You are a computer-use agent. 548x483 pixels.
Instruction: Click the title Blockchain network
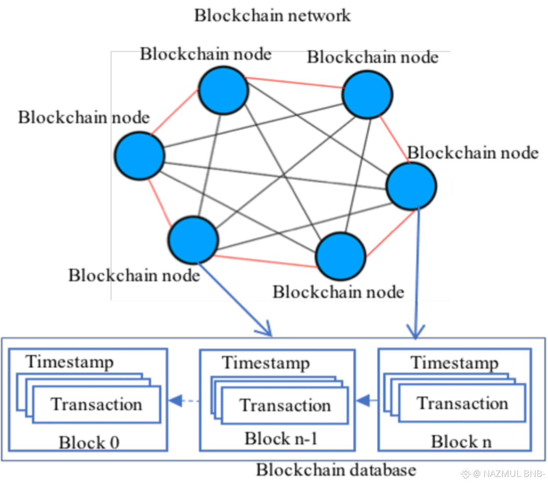click(x=272, y=16)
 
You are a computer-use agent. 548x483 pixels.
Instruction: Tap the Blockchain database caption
click(x=336, y=470)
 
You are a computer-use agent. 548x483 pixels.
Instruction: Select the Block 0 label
click(x=89, y=443)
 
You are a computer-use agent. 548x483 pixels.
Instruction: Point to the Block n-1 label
click(x=281, y=438)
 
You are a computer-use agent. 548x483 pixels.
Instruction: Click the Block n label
click(x=461, y=442)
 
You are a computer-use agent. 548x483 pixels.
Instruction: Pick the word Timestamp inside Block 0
click(x=70, y=362)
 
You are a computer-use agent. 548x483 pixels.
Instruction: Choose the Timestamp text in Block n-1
click(x=266, y=363)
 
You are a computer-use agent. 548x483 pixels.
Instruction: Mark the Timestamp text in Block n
click(x=455, y=363)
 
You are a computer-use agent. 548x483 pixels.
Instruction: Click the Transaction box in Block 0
click(x=97, y=404)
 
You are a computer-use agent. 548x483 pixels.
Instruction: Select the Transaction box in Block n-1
click(x=285, y=405)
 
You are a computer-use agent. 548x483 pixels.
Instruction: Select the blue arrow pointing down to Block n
click(x=417, y=274)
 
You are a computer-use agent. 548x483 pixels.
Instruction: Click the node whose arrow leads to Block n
click(x=411, y=187)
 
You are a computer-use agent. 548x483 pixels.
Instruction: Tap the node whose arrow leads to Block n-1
click(x=193, y=240)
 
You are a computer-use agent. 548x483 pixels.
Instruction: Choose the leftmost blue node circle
click(x=140, y=156)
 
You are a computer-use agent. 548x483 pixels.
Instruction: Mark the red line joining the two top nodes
click(x=295, y=83)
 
